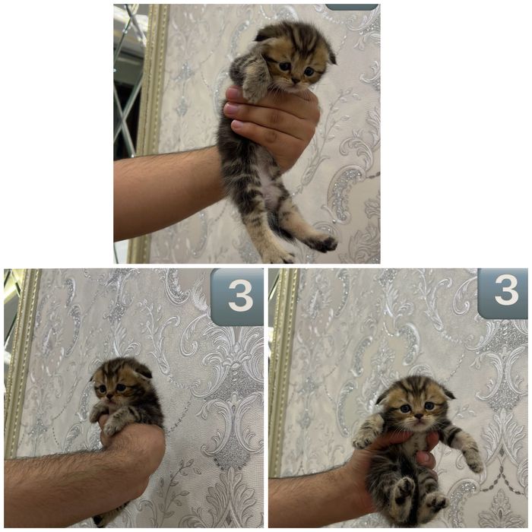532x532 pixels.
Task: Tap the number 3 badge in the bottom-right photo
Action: (x=502, y=293)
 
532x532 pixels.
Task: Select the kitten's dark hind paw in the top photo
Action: (x=325, y=244)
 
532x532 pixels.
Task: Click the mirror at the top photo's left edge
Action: (x=126, y=76)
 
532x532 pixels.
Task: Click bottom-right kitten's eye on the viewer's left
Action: (x=404, y=408)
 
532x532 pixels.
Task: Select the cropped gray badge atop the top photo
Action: (x=351, y=7)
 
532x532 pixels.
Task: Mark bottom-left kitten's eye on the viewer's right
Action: (x=121, y=388)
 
